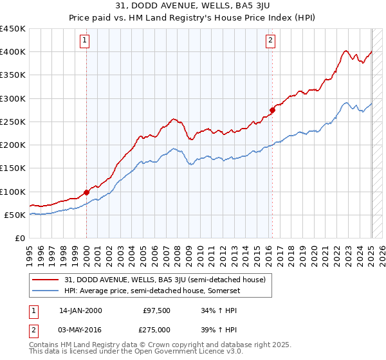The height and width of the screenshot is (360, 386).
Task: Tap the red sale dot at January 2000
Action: [x=86, y=192]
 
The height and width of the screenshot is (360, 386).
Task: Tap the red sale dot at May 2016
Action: [x=272, y=110]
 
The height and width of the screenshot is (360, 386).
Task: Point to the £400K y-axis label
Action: [x=13, y=52]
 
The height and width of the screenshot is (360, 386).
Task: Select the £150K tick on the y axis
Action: [x=13, y=168]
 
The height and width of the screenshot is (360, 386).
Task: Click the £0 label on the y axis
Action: [x=19, y=239]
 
